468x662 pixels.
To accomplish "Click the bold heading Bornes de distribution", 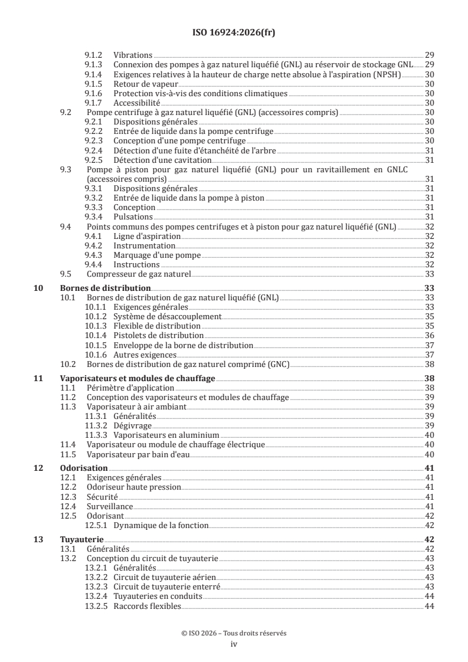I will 106,288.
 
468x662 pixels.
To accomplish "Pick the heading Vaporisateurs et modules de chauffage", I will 138,378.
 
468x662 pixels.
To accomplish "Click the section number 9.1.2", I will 94,54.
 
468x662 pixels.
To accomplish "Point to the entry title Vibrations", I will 133,54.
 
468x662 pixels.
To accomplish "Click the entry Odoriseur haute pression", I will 134,487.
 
